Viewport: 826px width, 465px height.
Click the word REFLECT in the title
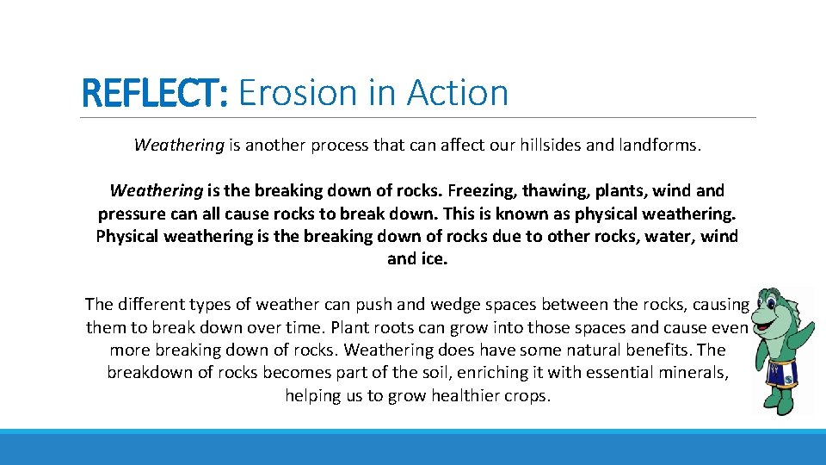tap(151, 92)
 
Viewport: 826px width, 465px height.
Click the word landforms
tap(659, 145)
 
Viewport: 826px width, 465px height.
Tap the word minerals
tap(693, 373)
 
